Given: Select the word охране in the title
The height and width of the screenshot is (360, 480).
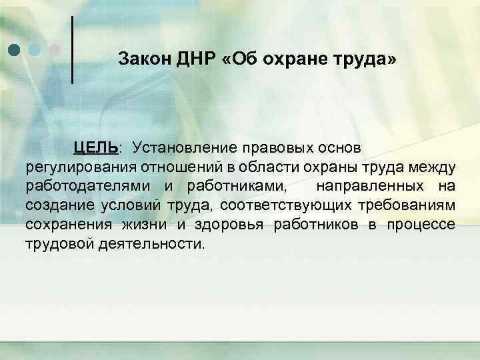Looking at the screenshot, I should (285, 59).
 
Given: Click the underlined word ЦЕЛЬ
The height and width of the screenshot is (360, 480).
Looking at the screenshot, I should (96, 146).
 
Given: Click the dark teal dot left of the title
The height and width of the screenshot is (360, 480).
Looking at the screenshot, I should (14, 50).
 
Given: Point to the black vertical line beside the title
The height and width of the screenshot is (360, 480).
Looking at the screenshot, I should (72, 49).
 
